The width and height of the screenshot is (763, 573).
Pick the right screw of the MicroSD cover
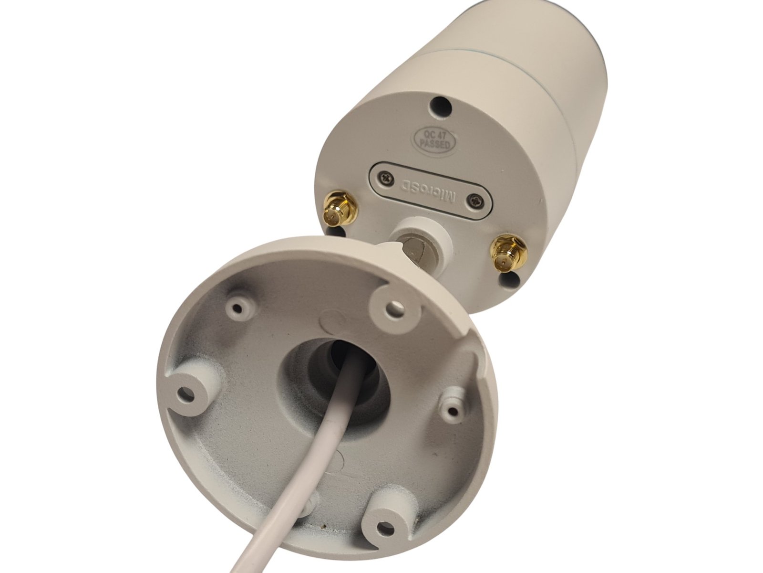point(475,201)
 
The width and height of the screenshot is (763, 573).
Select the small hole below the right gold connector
point(510,278)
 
